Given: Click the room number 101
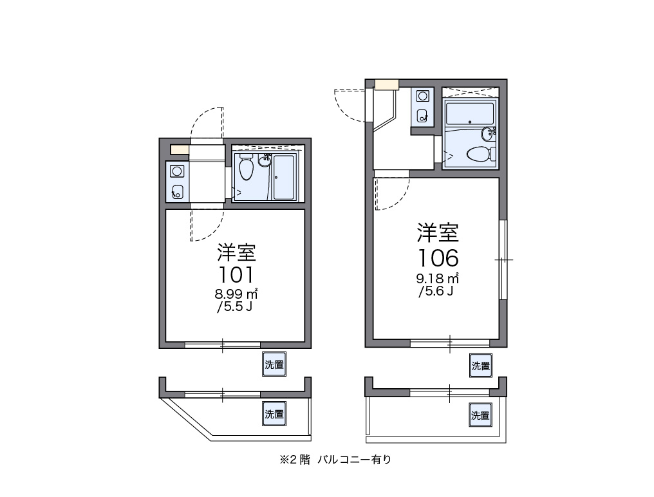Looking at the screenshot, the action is pos(236,275).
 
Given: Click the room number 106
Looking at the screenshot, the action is pos(438,258).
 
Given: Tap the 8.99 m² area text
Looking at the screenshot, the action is pos(236,294).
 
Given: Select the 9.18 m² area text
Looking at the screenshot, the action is pos(438,278).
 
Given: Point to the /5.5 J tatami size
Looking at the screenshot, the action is pos(234,306).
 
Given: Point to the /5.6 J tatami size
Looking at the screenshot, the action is pos(436,291).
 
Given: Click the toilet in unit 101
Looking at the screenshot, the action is pos(246,167).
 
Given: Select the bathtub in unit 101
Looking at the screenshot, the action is pos(285,177).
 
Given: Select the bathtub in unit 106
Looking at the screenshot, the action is pos(470,114).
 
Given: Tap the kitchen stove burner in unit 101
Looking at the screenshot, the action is pos(177,171).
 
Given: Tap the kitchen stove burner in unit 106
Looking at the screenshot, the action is pos(422,97).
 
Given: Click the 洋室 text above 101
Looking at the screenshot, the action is pos(236,252).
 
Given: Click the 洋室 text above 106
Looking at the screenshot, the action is pos(438,232).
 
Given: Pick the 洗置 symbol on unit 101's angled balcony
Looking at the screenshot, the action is pos(274,413).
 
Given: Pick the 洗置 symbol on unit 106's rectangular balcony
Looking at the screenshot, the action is pos(480,415).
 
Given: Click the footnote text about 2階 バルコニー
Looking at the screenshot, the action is pos(336,460).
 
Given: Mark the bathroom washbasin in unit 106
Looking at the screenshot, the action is pos(487,134).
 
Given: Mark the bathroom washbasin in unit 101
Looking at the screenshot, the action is pos(265,160).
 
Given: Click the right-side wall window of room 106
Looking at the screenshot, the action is pos(503,259).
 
